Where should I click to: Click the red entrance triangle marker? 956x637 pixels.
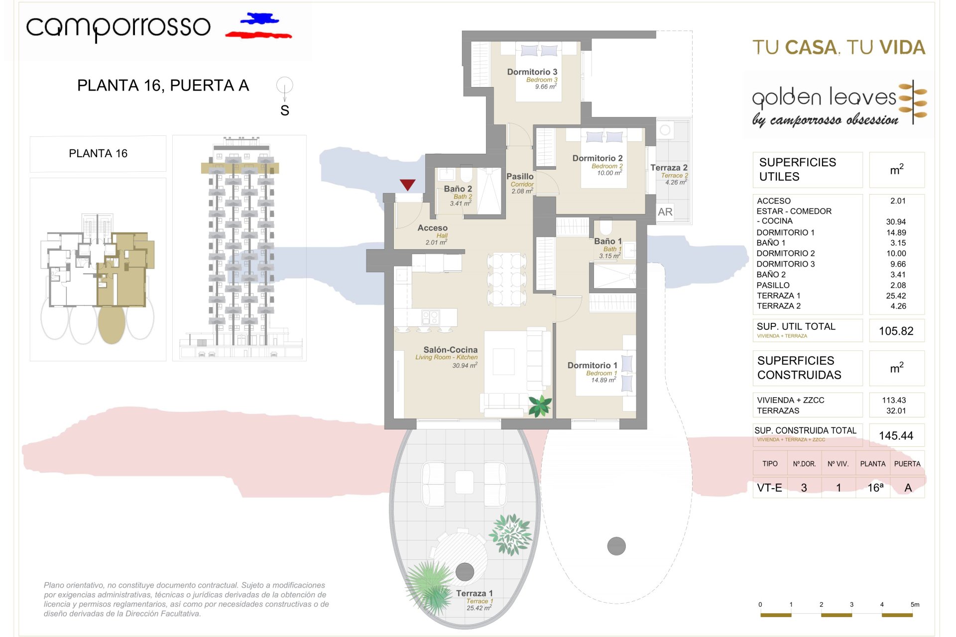tap(407, 185)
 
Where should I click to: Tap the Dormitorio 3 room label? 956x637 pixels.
tap(532, 72)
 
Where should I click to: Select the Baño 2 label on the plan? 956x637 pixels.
tap(458, 189)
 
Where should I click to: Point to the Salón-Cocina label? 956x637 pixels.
tap(450, 350)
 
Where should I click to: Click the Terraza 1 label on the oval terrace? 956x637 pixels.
tap(474, 593)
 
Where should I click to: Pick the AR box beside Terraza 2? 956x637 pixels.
tap(665, 212)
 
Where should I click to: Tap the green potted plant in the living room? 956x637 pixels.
tap(540, 405)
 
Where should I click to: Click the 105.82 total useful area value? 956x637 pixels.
tap(896, 331)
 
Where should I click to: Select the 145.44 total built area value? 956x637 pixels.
tap(896, 435)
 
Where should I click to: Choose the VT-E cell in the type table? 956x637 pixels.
tap(769, 488)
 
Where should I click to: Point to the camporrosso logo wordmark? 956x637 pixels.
tap(119, 27)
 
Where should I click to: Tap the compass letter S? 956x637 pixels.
tap(285, 110)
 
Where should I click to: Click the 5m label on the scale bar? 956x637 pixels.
tap(915, 605)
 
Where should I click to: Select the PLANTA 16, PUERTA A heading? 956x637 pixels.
tap(163, 86)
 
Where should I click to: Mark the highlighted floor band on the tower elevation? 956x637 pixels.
tap(240, 168)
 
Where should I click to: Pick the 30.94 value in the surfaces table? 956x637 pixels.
tap(896, 222)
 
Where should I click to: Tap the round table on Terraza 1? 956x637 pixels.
tap(461, 556)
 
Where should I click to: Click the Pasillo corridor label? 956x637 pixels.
tap(520, 177)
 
